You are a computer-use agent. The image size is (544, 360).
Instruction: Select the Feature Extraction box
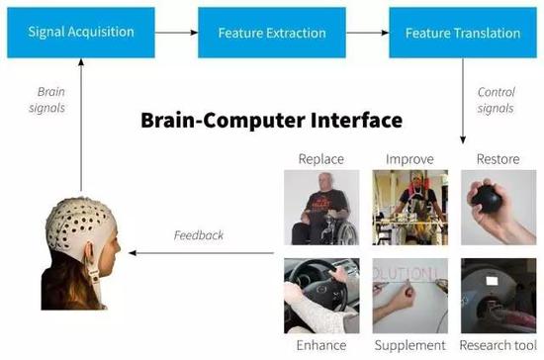[x=271, y=33]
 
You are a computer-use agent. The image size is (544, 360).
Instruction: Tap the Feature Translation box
[x=462, y=33]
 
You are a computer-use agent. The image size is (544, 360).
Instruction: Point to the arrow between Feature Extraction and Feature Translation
[x=366, y=33]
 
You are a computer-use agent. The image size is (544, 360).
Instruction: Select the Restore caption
[x=496, y=158]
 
